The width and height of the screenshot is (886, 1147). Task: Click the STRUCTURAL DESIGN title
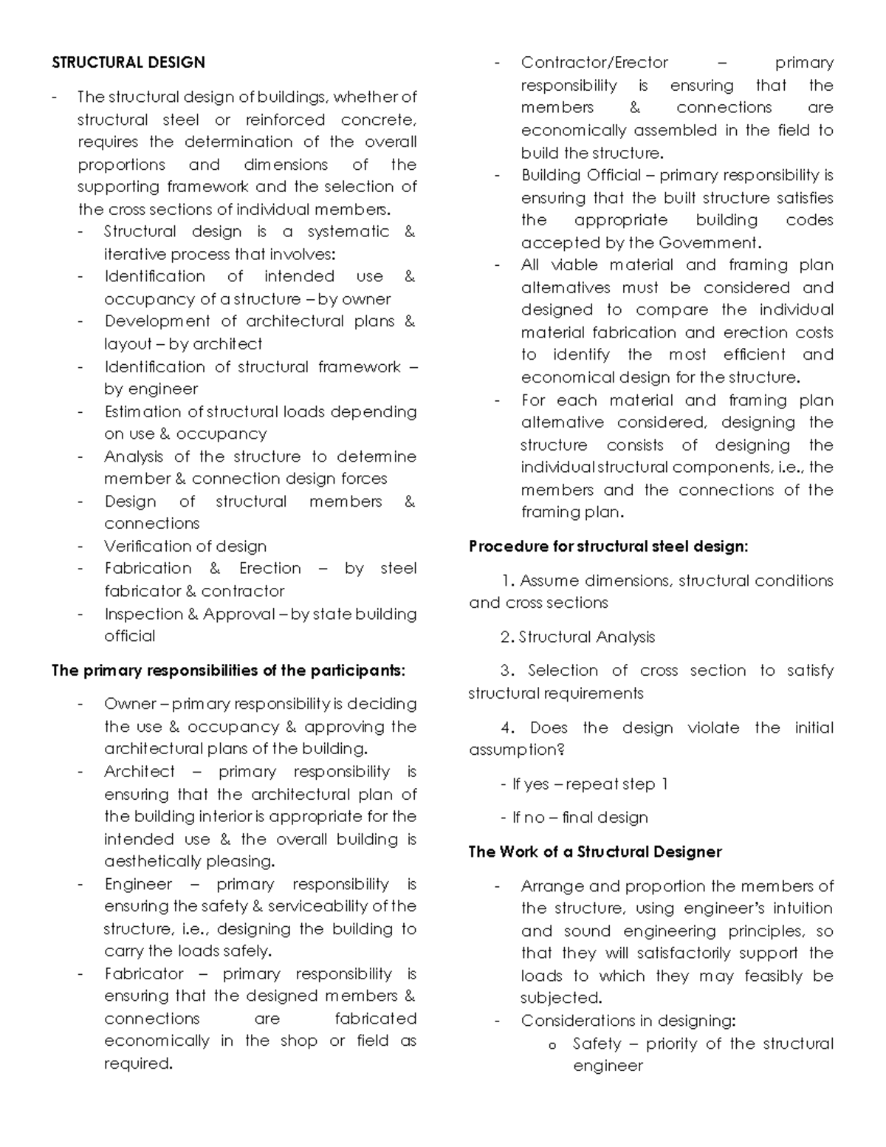(128, 63)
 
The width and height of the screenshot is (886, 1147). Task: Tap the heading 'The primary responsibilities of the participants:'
(228, 671)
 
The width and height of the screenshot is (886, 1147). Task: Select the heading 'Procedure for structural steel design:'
(608, 547)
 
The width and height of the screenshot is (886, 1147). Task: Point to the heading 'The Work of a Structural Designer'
(595, 852)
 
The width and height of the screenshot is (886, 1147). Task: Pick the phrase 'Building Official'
(581, 175)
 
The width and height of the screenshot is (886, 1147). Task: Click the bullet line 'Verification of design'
(185, 547)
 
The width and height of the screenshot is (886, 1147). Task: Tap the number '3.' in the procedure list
(507, 671)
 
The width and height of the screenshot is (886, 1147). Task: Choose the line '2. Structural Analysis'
(577, 637)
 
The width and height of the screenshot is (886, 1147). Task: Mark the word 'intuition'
(803, 908)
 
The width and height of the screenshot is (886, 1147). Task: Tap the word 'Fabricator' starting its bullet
(144, 974)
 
